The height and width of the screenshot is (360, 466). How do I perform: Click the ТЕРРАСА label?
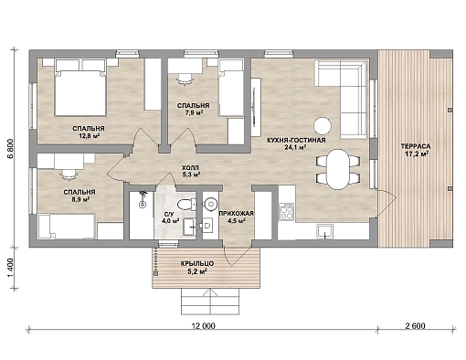tap(416, 146)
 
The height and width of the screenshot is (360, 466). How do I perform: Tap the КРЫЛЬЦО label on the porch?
tap(196, 263)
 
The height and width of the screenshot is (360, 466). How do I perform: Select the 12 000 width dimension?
tap(204, 326)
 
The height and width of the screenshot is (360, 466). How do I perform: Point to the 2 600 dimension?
tap(415, 326)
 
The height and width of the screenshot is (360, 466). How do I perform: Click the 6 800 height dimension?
tap(11, 149)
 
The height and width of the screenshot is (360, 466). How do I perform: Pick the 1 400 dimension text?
tap(11, 268)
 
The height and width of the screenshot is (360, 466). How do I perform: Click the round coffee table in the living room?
tap(323, 125)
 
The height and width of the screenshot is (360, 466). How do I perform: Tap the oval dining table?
tap(338, 169)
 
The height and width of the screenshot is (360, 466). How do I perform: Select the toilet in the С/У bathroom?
tap(186, 204)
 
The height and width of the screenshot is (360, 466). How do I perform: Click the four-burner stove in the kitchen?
tap(286, 213)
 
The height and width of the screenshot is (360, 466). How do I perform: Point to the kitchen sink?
tap(324, 231)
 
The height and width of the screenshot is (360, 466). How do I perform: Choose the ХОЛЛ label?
tap(190, 168)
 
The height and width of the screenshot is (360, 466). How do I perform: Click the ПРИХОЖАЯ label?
tap(236, 214)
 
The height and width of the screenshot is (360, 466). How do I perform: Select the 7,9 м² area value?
tap(194, 112)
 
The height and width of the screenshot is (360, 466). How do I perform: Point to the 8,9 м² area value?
tap(79, 199)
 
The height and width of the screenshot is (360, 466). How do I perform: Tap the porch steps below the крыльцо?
tap(210, 302)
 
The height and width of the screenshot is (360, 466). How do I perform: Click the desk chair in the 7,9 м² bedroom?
tap(185, 79)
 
